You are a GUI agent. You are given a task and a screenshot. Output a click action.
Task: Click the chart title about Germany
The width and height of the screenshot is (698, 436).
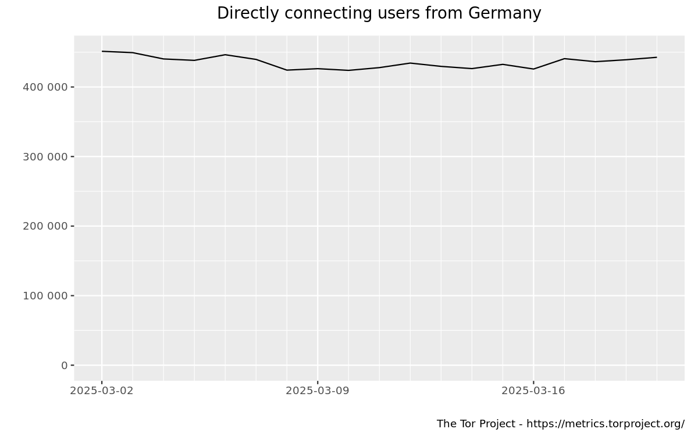[379, 13]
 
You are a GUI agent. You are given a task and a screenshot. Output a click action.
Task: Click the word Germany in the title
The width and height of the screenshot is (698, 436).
[504, 13]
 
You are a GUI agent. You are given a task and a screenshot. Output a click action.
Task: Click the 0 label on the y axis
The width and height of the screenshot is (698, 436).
[64, 365]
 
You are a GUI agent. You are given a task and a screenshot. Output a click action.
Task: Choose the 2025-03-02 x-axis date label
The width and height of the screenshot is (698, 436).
[102, 391]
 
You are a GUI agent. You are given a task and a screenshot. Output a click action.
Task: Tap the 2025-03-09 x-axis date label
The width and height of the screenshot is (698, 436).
[318, 391]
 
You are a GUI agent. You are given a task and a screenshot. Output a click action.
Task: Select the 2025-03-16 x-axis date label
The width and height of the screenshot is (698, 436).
[533, 391]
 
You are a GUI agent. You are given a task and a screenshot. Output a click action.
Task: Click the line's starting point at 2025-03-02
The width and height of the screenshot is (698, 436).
[102, 51]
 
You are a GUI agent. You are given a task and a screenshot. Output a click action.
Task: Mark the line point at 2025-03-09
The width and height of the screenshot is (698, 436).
[318, 69]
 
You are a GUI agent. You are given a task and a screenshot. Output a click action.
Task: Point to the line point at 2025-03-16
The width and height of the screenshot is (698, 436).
[533, 69]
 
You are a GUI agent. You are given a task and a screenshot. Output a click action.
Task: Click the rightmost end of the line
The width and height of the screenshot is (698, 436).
[657, 57]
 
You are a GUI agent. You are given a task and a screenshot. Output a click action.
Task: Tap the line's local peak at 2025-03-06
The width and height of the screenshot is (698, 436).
[225, 55]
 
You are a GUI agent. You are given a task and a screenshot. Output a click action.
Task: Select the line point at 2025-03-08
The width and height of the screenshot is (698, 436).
[287, 70]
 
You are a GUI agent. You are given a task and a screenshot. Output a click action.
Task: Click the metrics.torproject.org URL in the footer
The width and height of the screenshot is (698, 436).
[606, 424]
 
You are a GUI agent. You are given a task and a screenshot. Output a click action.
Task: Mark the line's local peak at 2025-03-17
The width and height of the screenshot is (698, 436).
[564, 59]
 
